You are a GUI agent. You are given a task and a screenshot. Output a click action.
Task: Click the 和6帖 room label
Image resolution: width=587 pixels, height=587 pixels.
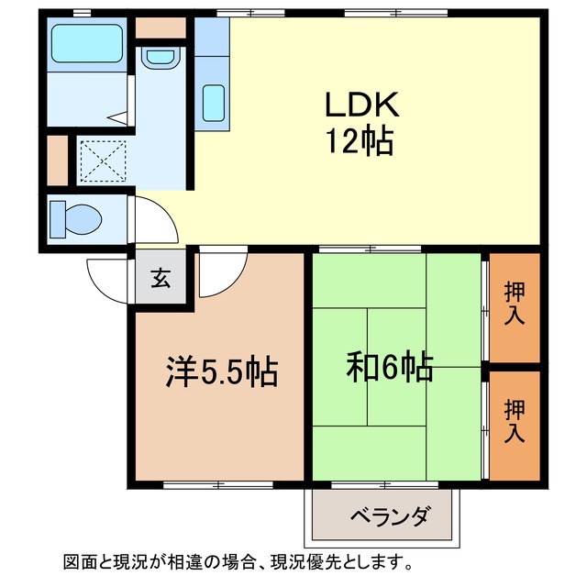tap(390, 368)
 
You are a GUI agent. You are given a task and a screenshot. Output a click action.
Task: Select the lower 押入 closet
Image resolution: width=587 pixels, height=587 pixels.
tap(515, 421)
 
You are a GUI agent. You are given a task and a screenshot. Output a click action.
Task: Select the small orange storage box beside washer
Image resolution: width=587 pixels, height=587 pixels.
tap(57, 160)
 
